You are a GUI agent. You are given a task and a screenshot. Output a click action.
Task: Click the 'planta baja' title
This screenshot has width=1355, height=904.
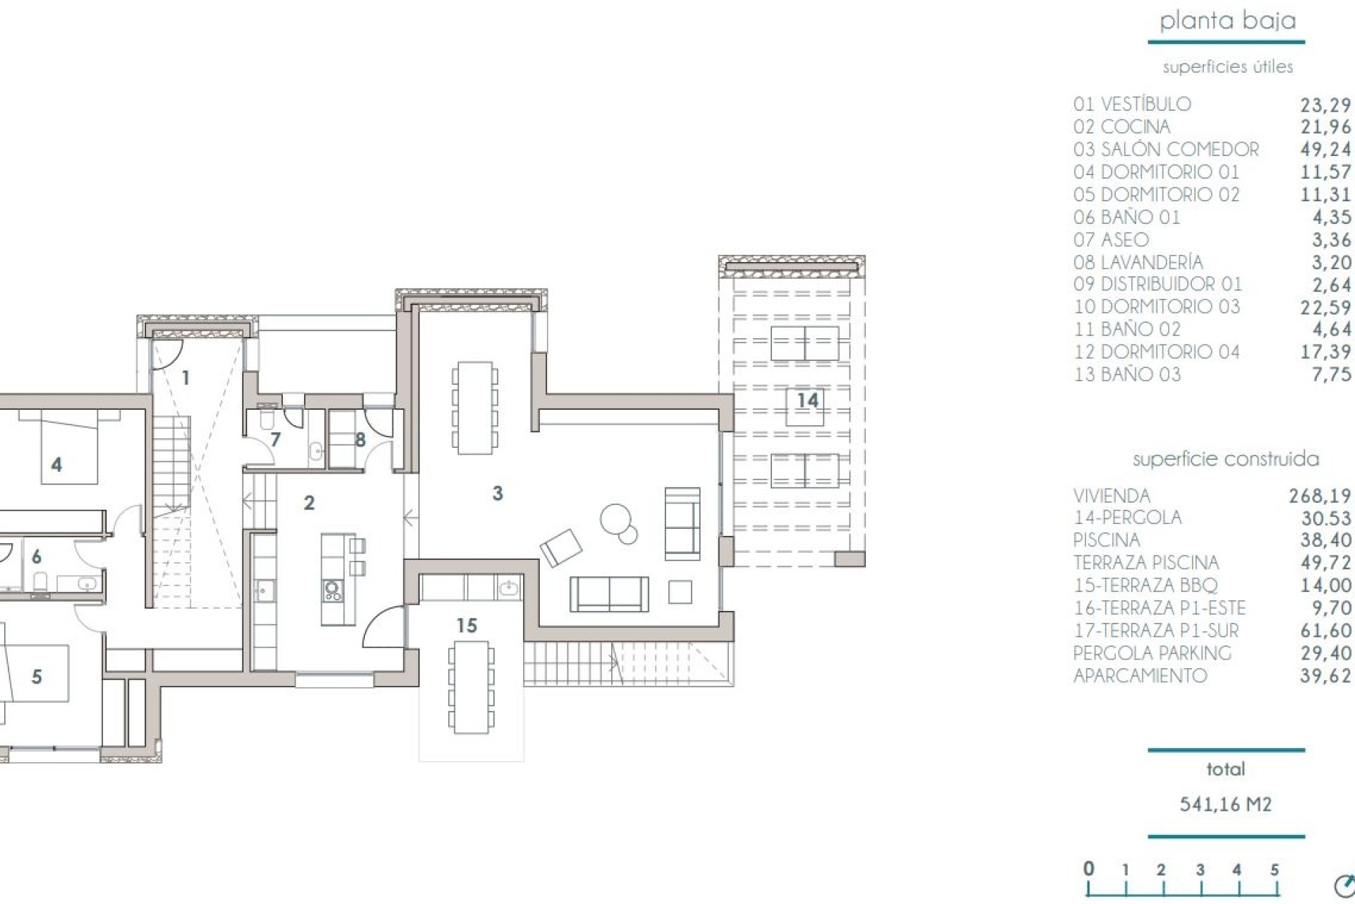click(1227, 20)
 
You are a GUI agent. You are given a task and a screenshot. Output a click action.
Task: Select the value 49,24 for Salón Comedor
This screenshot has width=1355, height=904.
click(1325, 149)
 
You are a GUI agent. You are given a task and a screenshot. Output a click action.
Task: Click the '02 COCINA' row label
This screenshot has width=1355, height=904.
click(1121, 127)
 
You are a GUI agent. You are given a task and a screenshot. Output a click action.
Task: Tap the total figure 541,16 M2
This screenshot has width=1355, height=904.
click(1226, 804)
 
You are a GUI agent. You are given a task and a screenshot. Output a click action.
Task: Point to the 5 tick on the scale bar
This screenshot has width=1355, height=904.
click(1275, 871)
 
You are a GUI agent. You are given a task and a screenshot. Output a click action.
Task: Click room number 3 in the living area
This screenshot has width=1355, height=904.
click(498, 493)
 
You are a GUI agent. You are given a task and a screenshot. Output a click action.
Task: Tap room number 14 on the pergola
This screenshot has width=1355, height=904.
click(807, 400)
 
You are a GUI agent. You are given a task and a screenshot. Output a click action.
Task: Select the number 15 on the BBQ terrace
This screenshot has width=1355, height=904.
click(466, 625)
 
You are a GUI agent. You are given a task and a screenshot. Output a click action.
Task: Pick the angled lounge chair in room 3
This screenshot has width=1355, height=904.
click(561, 547)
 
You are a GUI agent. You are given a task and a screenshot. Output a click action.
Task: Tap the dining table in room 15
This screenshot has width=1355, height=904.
click(471, 686)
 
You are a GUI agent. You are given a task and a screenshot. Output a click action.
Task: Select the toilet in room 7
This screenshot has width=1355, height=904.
click(267, 418)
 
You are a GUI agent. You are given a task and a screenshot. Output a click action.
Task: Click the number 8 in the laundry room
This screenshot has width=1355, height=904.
click(360, 440)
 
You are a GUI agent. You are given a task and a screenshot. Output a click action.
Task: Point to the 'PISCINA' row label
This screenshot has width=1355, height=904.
click(1106, 540)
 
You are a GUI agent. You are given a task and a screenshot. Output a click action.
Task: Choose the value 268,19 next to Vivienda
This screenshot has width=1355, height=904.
click(1320, 496)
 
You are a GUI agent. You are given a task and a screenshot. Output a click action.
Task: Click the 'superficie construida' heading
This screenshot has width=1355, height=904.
click(1225, 459)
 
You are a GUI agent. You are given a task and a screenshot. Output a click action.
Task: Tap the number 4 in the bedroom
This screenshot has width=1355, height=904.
click(56, 465)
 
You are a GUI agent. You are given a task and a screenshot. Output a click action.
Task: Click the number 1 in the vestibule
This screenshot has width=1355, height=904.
click(186, 378)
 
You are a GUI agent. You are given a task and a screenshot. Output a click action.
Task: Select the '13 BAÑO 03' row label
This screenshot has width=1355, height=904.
click(1127, 374)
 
